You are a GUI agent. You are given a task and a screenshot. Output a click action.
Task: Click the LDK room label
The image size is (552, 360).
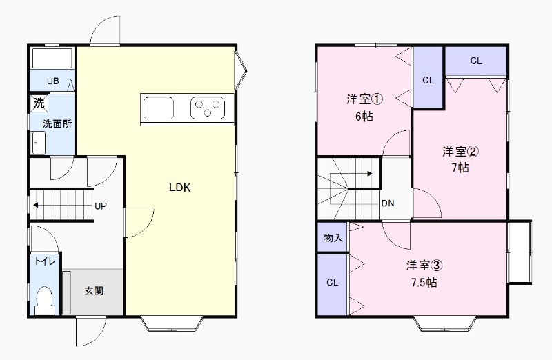coord(179,188)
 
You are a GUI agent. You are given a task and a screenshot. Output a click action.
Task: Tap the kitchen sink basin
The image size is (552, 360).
coord(159,108)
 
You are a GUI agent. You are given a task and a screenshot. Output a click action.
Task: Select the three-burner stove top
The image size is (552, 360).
coord(208,108)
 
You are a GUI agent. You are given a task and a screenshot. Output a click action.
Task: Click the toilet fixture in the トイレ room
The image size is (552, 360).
coord(45,301)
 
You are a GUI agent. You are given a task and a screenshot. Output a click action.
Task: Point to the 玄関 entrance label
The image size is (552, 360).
coord(94,291)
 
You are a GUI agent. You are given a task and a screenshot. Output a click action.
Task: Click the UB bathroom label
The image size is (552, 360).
coord(53,81)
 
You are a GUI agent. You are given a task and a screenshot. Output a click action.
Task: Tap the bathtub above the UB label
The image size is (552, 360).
coord(52,58)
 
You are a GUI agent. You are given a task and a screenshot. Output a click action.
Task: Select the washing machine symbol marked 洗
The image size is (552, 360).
coord(39,103)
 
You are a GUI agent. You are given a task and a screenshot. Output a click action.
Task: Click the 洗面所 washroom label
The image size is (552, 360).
coord(57,124)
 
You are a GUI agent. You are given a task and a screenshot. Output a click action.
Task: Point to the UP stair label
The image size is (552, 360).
coord(101,206)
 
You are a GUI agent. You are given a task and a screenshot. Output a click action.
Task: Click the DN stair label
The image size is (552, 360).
coord(388,203)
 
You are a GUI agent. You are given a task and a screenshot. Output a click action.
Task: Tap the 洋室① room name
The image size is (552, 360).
coord(364,99)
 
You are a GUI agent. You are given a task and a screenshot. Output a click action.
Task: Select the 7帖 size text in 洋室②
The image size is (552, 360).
coord(460,168)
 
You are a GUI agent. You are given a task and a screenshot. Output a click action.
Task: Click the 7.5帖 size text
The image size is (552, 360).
coord(424,283)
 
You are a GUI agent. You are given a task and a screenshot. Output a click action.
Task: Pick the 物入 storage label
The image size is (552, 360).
coord(333,238)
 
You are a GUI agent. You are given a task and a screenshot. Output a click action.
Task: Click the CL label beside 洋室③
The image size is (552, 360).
coord(333,283)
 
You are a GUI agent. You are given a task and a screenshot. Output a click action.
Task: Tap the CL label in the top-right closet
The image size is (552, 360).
coord(476,61)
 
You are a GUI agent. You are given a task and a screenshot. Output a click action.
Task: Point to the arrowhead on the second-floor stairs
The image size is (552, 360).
coord(370,174)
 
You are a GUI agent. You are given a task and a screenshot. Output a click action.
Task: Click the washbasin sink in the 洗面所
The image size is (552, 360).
coord(39,143)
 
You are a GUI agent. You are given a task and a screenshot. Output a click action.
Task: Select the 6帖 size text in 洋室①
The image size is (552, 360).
coord(364,117)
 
